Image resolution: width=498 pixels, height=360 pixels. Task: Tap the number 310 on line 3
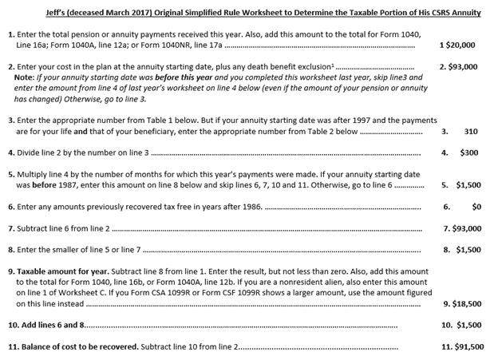point(470,132)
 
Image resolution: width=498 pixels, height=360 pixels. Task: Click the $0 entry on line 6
point(476,206)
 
